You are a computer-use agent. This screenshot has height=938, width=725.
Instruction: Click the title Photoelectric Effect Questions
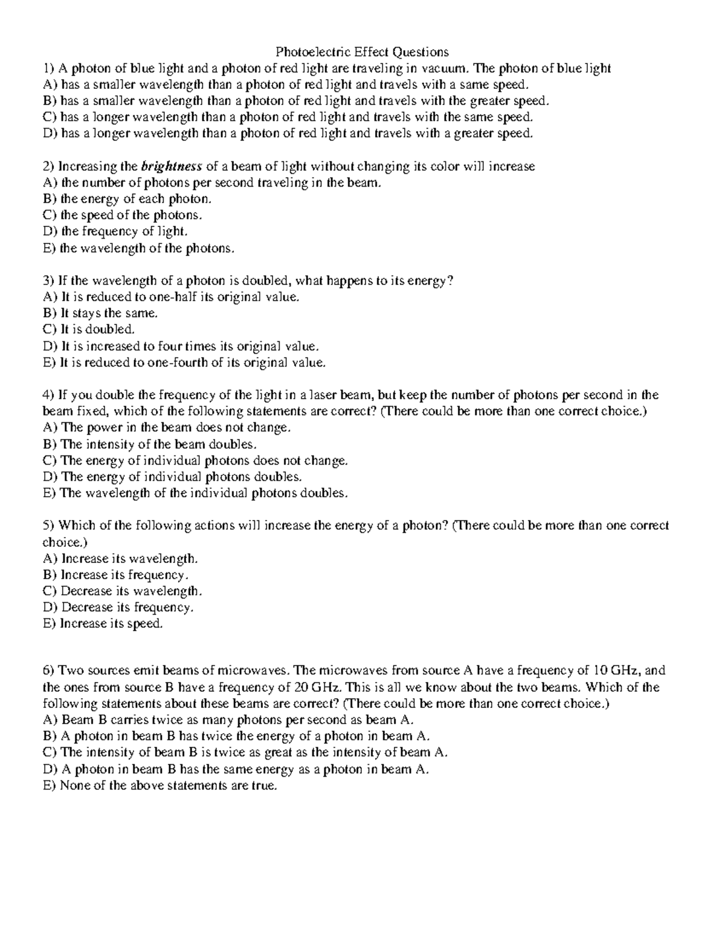point(362,52)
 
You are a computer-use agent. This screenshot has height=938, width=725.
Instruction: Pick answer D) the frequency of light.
point(116,231)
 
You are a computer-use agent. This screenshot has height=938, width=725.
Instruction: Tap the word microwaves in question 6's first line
point(248,670)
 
